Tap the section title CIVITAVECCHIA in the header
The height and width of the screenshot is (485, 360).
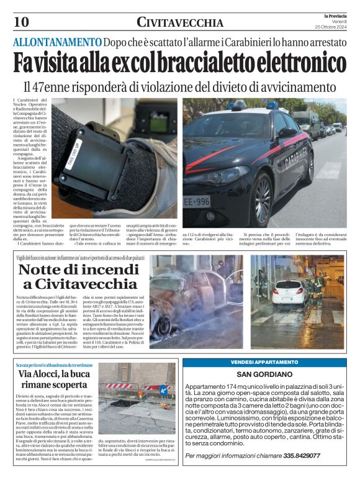pyautogui.click(x=180, y=23)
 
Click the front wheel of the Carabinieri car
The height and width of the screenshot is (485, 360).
pyautogui.click(x=262, y=200)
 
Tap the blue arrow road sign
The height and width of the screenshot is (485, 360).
pyautogui.click(x=164, y=391)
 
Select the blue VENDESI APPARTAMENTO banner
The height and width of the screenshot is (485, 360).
pyautogui.click(x=264, y=362)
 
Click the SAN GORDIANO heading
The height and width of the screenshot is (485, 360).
pyautogui.click(x=264, y=374)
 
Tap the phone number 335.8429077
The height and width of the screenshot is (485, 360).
pyautogui.click(x=292, y=455)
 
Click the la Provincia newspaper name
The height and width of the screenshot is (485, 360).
pyautogui.click(x=335, y=16)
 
